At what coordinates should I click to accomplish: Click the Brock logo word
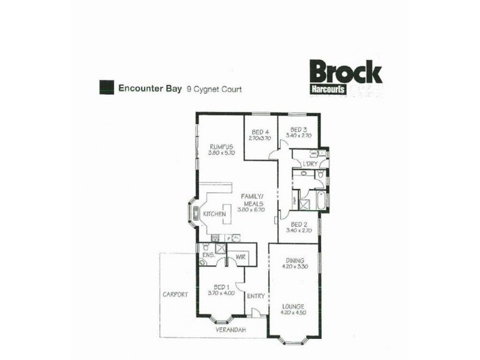345,73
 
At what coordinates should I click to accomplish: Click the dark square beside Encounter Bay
107,87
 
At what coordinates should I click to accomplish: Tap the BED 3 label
299,130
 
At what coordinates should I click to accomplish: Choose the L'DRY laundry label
310,164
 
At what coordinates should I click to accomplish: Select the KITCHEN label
214,214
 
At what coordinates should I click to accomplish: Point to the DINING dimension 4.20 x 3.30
294,266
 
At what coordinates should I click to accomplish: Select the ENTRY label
256,295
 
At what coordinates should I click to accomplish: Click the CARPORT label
175,295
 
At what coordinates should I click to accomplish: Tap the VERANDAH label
232,330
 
